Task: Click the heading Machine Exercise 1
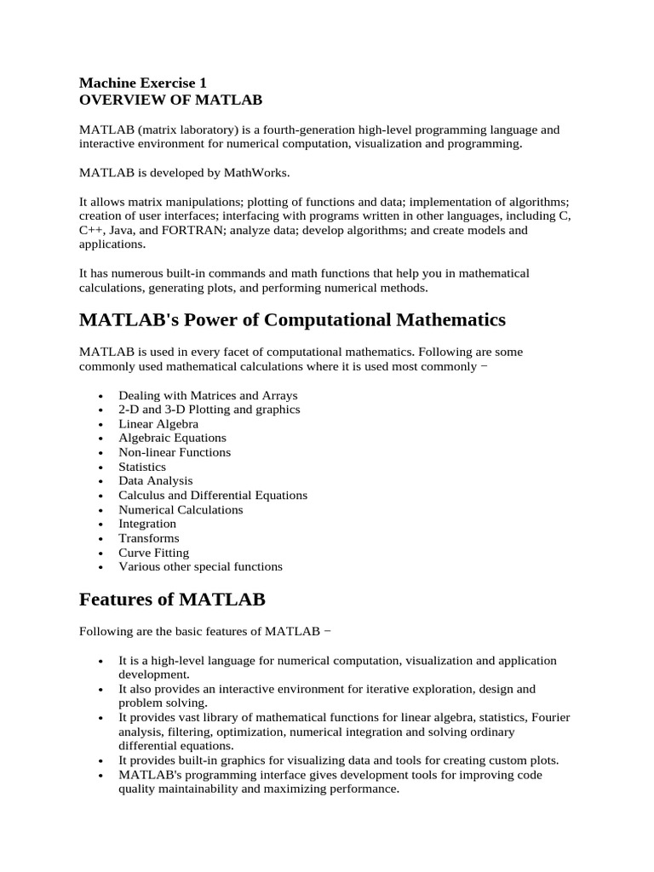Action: [143, 83]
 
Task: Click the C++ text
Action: [92, 230]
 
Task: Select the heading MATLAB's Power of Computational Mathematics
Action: [292, 320]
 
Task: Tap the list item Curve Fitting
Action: [153, 552]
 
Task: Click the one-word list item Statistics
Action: [142, 467]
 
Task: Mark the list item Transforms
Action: [148, 538]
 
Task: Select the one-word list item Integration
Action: [147, 524]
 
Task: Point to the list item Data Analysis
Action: [156, 480]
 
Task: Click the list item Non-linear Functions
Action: [175, 452]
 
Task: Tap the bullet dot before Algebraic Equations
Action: [101, 439]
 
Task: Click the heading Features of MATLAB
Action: [172, 599]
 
